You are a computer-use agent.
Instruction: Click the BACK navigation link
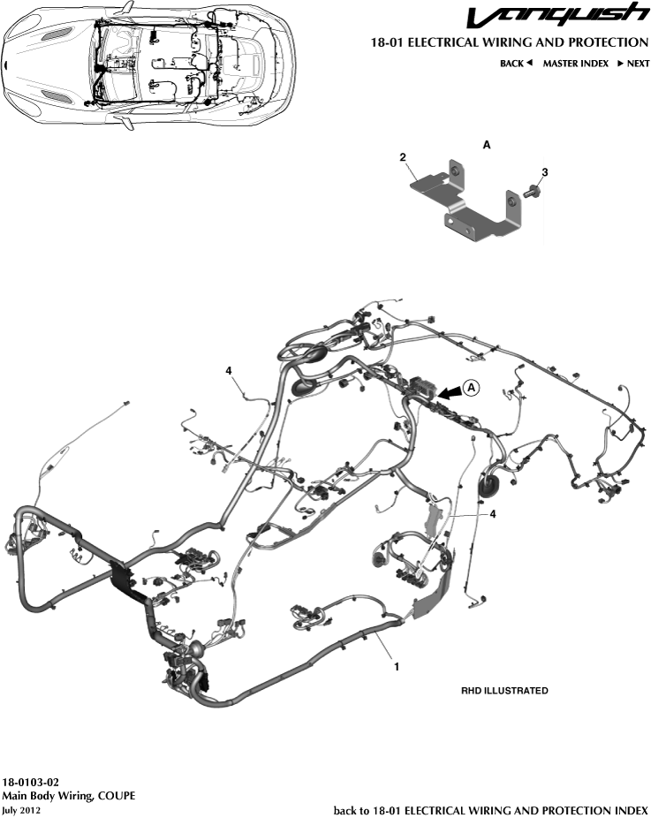click(x=516, y=64)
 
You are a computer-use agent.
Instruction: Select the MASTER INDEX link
click(x=575, y=64)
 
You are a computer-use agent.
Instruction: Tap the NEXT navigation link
click(x=632, y=64)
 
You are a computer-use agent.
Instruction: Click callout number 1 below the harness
click(x=397, y=667)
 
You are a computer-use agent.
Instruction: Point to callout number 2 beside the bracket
click(x=403, y=157)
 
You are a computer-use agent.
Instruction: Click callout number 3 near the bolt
click(x=545, y=171)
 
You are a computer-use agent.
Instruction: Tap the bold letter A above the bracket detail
click(x=487, y=142)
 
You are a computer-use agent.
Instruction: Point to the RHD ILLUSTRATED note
click(x=505, y=691)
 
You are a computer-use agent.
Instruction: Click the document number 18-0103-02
click(x=31, y=782)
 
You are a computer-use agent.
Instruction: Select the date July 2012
click(x=21, y=809)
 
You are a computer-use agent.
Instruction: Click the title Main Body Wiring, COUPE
click(x=68, y=795)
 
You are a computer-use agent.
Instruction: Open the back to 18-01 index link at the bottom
click(x=490, y=809)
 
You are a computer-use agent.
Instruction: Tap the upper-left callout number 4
click(x=229, y=371)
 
